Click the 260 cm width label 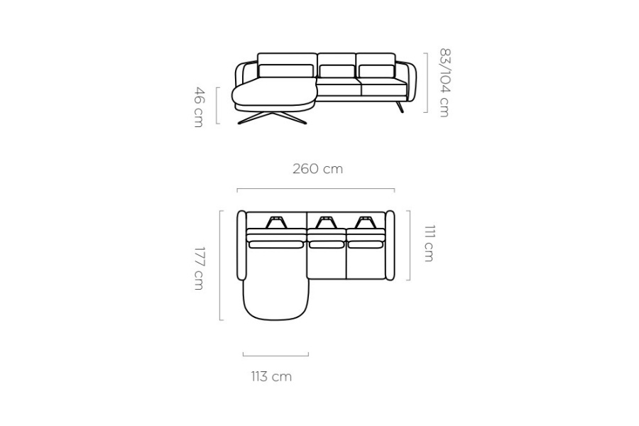[317, 169]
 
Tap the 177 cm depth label [199, 268]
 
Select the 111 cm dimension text [429, 243]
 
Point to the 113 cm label [271, 376]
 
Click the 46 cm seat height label [199, 106]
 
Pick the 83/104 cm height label [444, 83]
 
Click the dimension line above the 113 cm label [275, 356]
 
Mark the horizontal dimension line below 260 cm [316, 189]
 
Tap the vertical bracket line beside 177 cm [221, 265]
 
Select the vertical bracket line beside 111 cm [409, 246]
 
